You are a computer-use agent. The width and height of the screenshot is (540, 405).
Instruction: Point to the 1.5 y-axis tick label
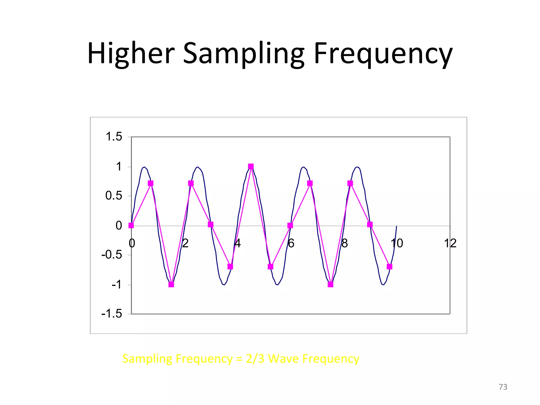(114, 137)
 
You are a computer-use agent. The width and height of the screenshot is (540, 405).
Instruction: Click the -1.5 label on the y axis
(112, 314)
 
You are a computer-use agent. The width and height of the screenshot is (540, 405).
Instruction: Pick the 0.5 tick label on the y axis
(114, 196)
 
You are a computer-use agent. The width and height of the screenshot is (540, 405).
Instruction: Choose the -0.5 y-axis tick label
(112, 255)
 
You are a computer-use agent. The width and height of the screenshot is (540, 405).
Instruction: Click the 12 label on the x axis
(450, 243)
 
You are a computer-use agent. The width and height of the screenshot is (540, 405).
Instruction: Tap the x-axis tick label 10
(397, 243)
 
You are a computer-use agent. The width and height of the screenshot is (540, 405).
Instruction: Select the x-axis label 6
(291, 243)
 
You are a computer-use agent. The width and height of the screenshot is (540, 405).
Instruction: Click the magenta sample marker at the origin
(131, 225)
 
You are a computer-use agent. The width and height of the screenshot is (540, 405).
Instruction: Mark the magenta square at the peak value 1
(251, 166)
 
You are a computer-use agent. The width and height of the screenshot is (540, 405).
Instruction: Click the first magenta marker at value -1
(171, 285)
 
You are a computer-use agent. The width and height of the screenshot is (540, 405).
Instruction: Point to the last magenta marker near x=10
(389, 267)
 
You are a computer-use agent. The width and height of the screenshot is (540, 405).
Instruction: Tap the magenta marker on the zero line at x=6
(290, 225)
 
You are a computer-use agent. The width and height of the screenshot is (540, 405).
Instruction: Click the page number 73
(503, 387)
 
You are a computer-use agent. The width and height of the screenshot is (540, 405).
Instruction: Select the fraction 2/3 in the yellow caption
(255, 359)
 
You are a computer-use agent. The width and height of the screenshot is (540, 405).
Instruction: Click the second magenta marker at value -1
(330, 285)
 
